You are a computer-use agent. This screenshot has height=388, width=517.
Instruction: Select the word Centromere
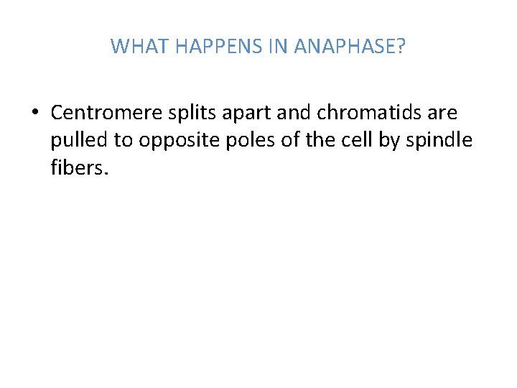pyautogui.click(x=99, y=113)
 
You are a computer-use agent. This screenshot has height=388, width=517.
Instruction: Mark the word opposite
pyautogui.click(x=173, y=141)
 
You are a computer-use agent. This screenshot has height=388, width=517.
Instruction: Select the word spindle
pyautogui.click(x=440, y=140)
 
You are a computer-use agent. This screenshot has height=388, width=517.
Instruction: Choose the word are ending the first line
pyautogui.click(x=441, y=114)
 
